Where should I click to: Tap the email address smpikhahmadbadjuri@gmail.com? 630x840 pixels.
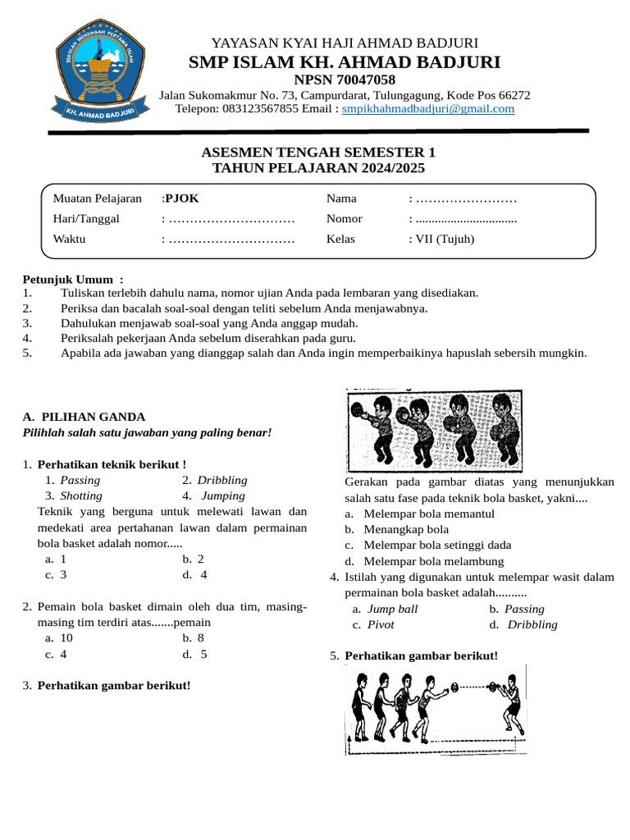(428, 108)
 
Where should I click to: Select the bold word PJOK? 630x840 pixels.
(182, 198)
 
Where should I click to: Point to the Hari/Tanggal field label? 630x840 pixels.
(86, 219)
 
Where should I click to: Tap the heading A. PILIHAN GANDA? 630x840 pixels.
(84, 417)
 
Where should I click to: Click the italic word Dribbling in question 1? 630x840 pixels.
(221, 480)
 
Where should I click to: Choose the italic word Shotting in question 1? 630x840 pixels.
(80, 495)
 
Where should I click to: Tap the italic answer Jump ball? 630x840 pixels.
(392, 609)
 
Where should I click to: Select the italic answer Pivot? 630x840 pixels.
(381, 624)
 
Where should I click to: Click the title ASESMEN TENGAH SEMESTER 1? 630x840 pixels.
(318, 153)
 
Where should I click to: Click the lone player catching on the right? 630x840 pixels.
(509, 703)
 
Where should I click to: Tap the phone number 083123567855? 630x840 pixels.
(252, 108)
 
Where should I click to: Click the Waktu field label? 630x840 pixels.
(69, 240)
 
